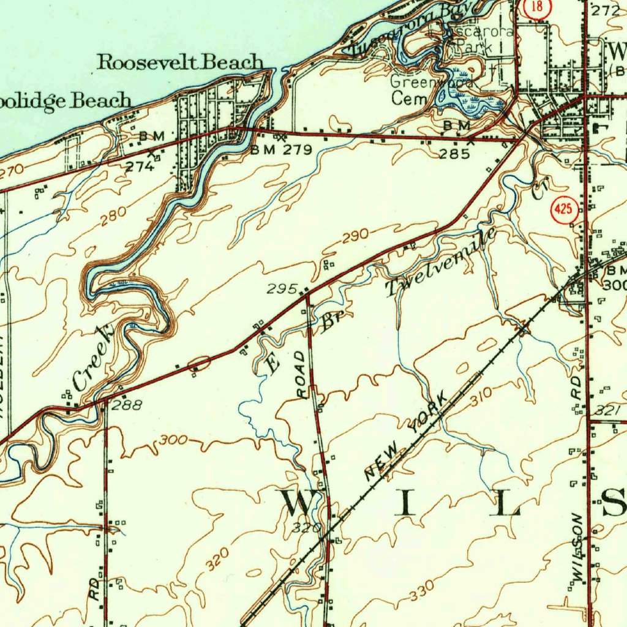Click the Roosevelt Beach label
point(181,62)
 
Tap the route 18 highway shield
point(538,7)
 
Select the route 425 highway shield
point(563,209)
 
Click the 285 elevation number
point(455,153)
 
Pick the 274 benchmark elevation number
point(140,166)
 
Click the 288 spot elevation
point(127,405)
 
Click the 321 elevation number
point(612,410)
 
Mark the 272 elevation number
point(606,10)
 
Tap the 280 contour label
point(115,216)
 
